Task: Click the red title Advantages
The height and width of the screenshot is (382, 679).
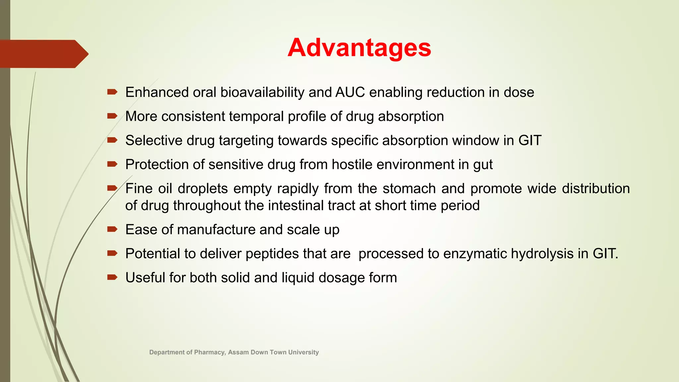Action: (x=359, y=48)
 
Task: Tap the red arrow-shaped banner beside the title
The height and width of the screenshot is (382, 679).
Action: (x=43, y=54)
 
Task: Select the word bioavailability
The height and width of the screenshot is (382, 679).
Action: (x=262, y=93)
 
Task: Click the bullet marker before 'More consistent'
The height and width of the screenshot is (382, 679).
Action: (x=112, y=116)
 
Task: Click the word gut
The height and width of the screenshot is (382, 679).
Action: (x=483, y=165)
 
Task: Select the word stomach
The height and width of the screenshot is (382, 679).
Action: (x=409, y=188)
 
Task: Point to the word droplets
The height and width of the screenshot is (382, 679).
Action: (x=203, y=188)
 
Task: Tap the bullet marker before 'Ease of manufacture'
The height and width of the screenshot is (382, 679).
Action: (x=112, y=229)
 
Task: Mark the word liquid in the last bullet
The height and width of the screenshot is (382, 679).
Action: (x=298, y=278)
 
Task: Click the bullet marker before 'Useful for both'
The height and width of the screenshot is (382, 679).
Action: (x=112, y=277)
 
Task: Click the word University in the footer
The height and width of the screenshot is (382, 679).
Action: (x=303, y=352)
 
